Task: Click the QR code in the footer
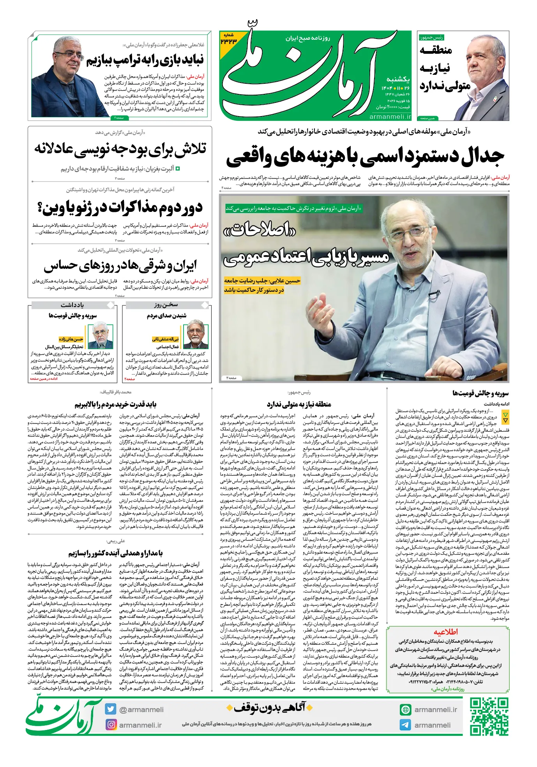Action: pos(489,716)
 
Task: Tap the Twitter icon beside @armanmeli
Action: pos(111,709)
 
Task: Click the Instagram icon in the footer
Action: pos(111,725)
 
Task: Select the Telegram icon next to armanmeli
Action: pos(405,725)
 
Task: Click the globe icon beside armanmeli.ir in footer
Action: pos(405,709)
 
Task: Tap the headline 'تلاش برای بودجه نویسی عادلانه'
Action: pos(120,149)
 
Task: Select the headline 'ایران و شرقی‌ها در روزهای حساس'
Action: pos(120,266)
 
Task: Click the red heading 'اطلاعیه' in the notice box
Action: pos(446,632)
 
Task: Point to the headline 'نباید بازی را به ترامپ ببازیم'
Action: pos(145,60)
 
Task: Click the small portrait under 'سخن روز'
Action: pos(196,334)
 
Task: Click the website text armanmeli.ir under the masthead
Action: pos(390,116)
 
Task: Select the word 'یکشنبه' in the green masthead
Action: pos(398,79)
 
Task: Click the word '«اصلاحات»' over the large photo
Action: pos(260,230)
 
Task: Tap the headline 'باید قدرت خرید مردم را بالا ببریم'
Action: pos(115,404)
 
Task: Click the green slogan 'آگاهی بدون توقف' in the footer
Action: pos(270,707)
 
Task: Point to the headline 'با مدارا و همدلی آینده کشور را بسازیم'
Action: pos(115,553)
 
